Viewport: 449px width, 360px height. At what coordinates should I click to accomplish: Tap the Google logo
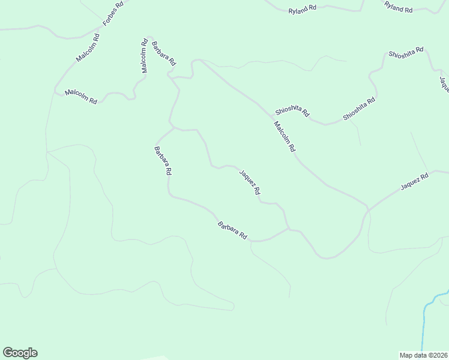pos(20,353)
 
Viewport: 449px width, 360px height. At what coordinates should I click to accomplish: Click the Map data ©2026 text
pos(424,355)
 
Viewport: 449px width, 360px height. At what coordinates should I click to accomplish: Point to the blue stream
pos(425,324)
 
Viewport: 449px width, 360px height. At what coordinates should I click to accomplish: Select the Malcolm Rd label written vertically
pos(145,56)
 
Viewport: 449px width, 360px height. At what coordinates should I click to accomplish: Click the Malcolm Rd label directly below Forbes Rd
pos(88,48)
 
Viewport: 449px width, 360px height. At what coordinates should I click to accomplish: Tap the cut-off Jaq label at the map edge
pos(444,84)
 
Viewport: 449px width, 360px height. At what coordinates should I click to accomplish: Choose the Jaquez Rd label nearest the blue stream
pos(415,182)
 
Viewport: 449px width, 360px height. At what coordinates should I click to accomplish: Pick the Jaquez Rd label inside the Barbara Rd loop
pos(249,182)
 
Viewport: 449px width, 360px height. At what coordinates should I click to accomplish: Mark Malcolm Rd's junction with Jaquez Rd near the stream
pos(367,210)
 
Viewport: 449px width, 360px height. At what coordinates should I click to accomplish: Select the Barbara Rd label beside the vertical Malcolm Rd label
pos(163,53)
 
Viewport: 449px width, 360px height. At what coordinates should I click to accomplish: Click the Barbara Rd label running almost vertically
pos(163,160)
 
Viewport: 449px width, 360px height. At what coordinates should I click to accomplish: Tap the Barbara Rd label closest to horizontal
pos(233,230)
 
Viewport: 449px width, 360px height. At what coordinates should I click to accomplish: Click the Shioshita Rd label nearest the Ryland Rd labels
pos(406,53)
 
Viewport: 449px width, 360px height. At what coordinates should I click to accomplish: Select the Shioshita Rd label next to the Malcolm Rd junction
pos(292,111)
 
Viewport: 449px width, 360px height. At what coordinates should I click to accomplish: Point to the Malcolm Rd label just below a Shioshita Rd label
pos(285,136)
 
